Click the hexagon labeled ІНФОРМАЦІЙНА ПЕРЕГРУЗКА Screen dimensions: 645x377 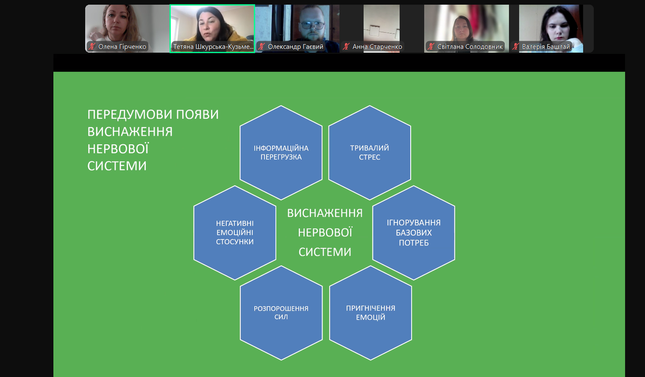coord(281,152)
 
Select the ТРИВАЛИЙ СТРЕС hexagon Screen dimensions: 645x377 coord(369,152)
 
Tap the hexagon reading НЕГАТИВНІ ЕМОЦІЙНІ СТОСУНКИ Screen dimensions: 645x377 coord(235,233)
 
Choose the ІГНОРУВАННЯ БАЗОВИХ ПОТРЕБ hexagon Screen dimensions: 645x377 coord(414,233)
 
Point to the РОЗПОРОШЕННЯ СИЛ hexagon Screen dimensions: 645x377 coord(281,313)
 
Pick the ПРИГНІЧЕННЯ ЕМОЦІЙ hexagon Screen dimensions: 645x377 coord(370,313)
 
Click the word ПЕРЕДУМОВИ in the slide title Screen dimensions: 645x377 coord(130,115)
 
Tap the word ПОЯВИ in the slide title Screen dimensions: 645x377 coord(197,115)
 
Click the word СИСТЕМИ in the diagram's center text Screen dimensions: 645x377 coord(325,252)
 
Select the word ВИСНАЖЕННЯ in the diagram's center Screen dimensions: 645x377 coord(325,213)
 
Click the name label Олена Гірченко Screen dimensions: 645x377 coord(122,46)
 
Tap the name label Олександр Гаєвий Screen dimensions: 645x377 coord(295,46)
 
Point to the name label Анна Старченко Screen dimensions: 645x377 coord(377,46)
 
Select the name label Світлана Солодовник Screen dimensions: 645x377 coord(470,46)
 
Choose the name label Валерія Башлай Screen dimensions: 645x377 coord(546,46)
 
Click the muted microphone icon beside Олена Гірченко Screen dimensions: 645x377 coord(92,46)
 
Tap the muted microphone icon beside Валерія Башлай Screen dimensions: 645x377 coord(515,46)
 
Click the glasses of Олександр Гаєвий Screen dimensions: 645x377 coord(312,26)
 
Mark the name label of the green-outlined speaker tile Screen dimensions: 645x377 coord(213,46)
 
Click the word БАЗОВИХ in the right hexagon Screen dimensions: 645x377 coord(414,233)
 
